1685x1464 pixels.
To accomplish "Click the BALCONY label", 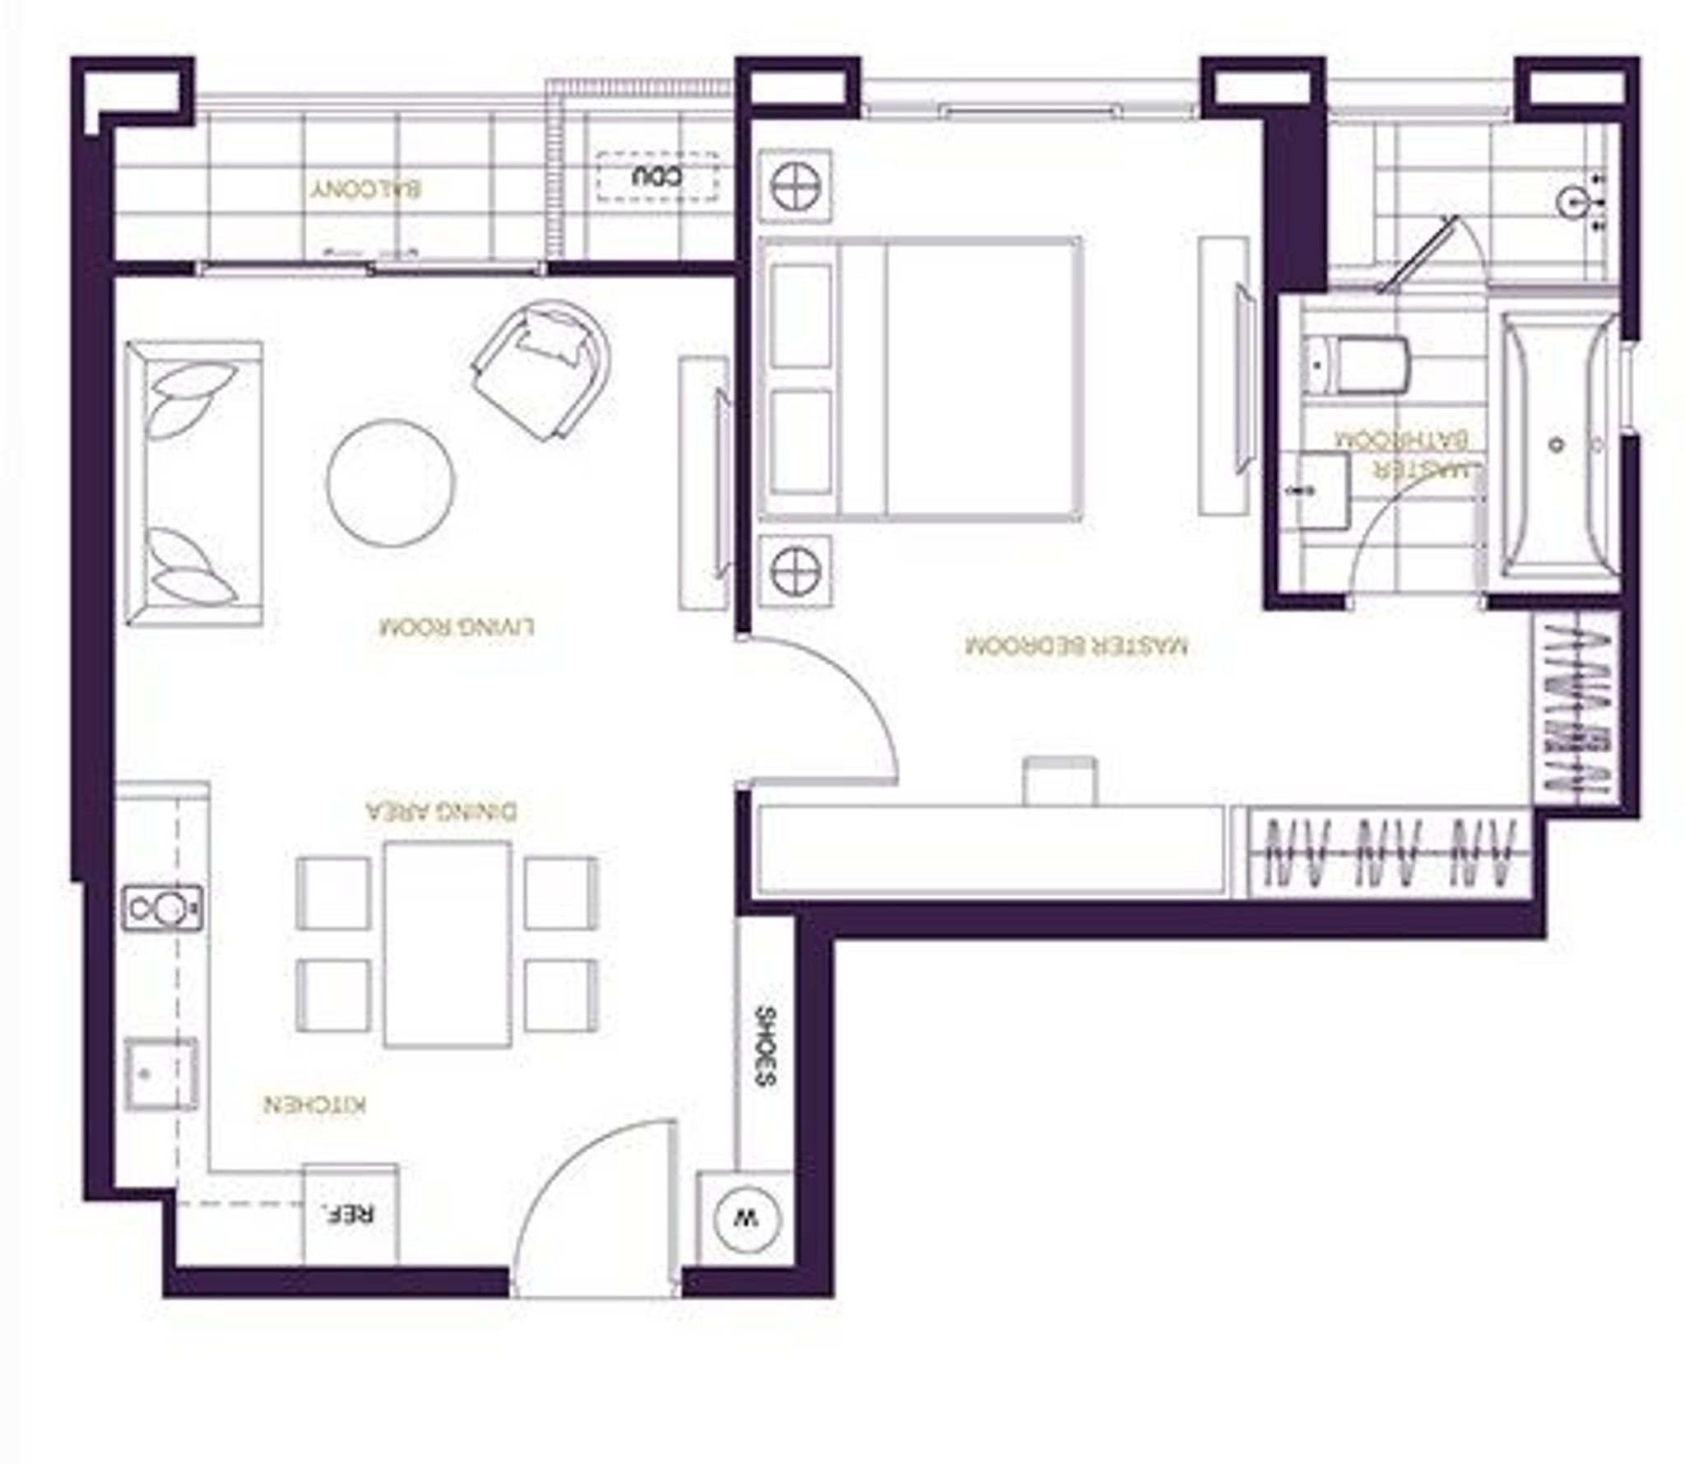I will (x=366, y=189).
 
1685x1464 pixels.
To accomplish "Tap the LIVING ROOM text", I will (x=457, y=627).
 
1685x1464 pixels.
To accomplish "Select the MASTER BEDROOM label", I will (x=1076, y=646).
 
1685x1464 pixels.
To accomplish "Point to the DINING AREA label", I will (x=442, y=811).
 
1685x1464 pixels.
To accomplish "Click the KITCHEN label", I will (x=315, y=1104).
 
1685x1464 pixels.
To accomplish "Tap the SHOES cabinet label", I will (x=764, y=1047).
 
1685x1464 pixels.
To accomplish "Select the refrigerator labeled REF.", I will (x=351, y=1215).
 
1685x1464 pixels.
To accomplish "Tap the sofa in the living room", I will (x=194, y=483).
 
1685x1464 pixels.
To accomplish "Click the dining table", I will (x=447, y=943).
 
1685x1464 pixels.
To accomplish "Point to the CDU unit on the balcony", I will (x=657, y=177).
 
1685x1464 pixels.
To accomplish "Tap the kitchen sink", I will (x=161, y=1074).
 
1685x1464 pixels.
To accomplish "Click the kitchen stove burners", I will (x=162, y=908).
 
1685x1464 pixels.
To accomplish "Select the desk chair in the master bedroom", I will (x=1060, y=781).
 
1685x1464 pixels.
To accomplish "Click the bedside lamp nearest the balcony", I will (x=795, y=186).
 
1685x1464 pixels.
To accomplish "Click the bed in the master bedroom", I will (x=920, y=379).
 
